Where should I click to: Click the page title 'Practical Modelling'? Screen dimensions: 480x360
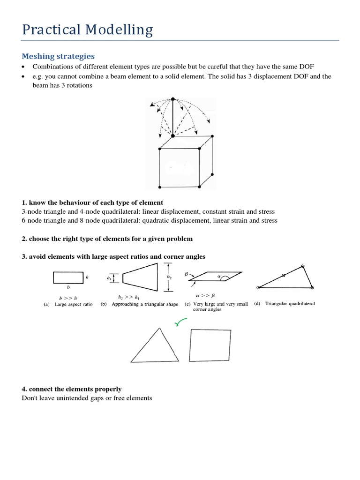pyautogui.click(x=87, y=30)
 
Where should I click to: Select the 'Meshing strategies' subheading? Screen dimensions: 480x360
pyautogui.click(x=58, y=56)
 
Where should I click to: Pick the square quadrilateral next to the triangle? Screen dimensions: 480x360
pyautogui.click(x=210, y=345)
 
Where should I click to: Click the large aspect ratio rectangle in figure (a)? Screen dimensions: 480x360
pyautogui.click(x=68, y=277)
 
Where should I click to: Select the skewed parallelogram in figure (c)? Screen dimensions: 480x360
pyautogui.click(x=216, y=277)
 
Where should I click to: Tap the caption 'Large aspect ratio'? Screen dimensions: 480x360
pyautogui.click(x=74, y=304)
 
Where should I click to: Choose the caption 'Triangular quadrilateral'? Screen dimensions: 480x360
pyautogui.click(x=290, y=304)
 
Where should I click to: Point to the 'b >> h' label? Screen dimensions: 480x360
pyautogui.click(x=67, y=298)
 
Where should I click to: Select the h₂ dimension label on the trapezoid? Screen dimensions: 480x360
pyautogui.click(x=169, y=277)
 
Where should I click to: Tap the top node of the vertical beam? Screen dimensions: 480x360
pyautogui.click(x=173, y=99)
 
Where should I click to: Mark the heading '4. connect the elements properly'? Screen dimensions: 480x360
pyautogui.click(x=72, y=389)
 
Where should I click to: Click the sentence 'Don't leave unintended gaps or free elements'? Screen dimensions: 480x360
pyautogui.click(x=87, y=398)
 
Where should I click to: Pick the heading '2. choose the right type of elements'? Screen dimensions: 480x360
pyautogui.click(x=107, y=239)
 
